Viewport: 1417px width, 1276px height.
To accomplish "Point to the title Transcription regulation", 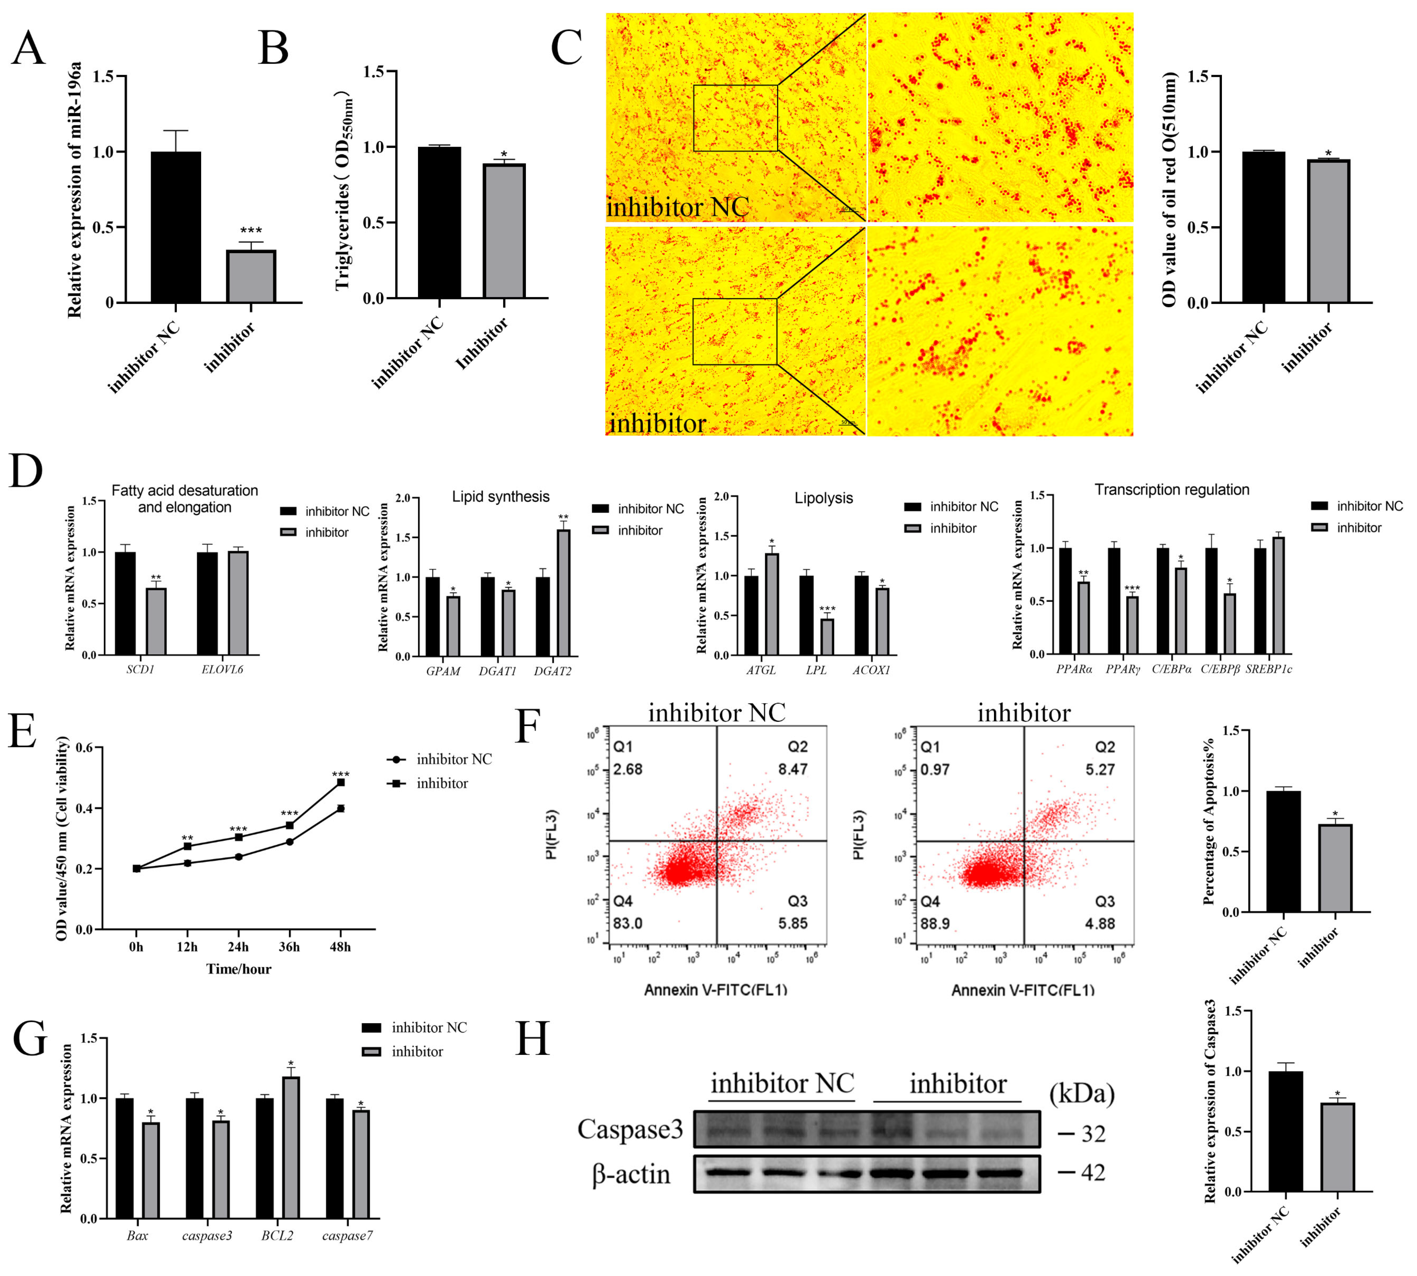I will [x=1172, y=489].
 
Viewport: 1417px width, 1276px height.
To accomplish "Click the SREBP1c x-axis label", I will [x=1268, y=669].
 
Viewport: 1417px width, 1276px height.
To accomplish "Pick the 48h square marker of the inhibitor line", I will [x=340, y=782].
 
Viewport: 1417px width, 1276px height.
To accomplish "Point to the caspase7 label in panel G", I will [x=347, y=1235].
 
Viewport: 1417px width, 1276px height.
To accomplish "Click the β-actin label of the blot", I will [x=631, y=1174].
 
